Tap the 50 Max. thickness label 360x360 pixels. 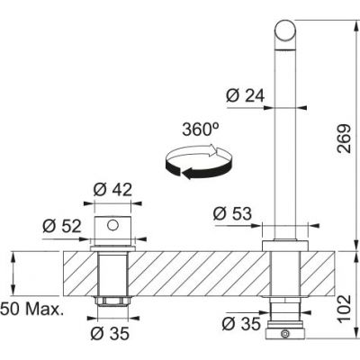coord(31,310)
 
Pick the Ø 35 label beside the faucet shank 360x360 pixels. coord(240,323)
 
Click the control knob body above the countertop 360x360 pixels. coord(112,230)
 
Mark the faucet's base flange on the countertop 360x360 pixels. coord(285,246)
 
